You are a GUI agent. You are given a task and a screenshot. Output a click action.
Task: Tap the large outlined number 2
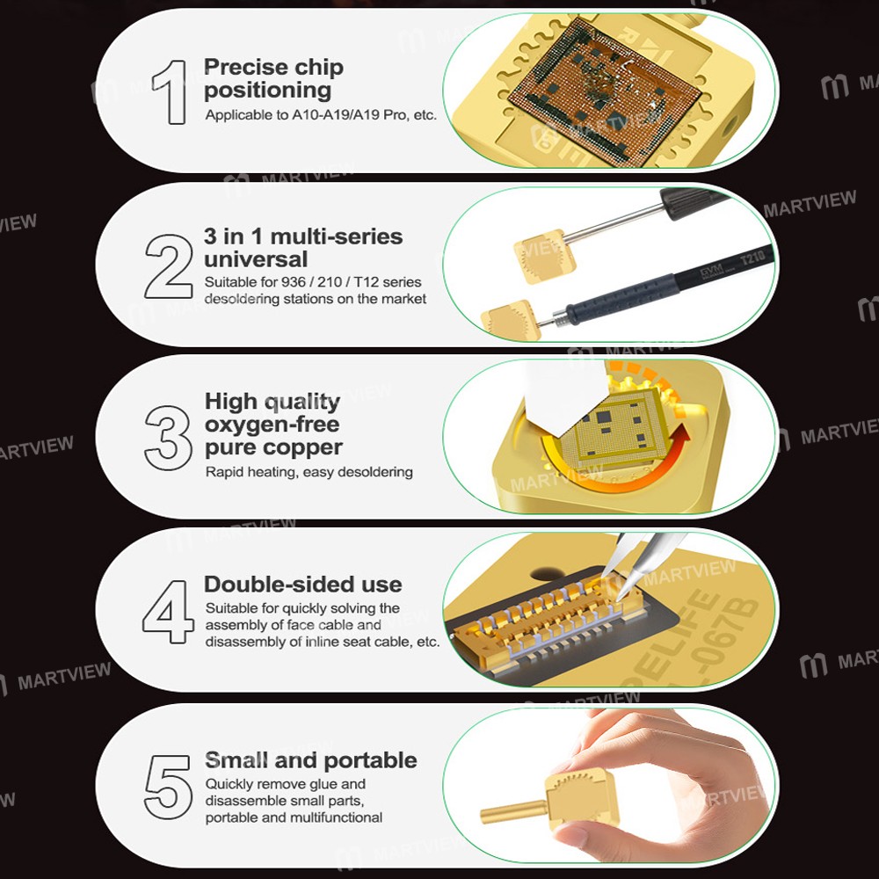tap(169, 266)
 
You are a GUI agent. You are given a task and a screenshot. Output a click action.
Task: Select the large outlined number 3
tap(168, 438)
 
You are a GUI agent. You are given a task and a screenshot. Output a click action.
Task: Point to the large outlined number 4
tap(168, 612)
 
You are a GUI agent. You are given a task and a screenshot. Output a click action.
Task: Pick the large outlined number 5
tap(168, 787)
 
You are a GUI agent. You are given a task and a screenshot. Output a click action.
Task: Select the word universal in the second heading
tap(256, 259)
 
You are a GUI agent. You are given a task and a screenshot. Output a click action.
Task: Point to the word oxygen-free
tap(272, 425)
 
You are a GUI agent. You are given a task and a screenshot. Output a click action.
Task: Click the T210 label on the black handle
tap(752, 258)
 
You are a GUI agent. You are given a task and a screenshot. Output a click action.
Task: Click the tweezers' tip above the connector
tap(618, 599)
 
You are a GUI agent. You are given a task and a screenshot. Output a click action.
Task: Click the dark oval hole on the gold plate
tap(547, 573)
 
